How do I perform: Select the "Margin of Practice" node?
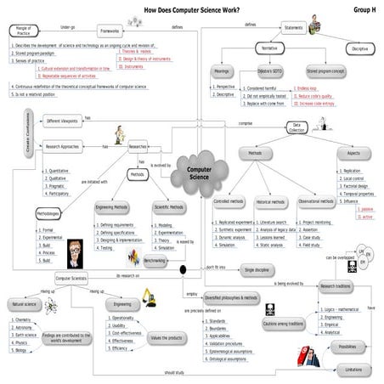(x=23, y=31)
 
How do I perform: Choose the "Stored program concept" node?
(x=323, y=73)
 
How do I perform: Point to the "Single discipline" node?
(x=260, y=270)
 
